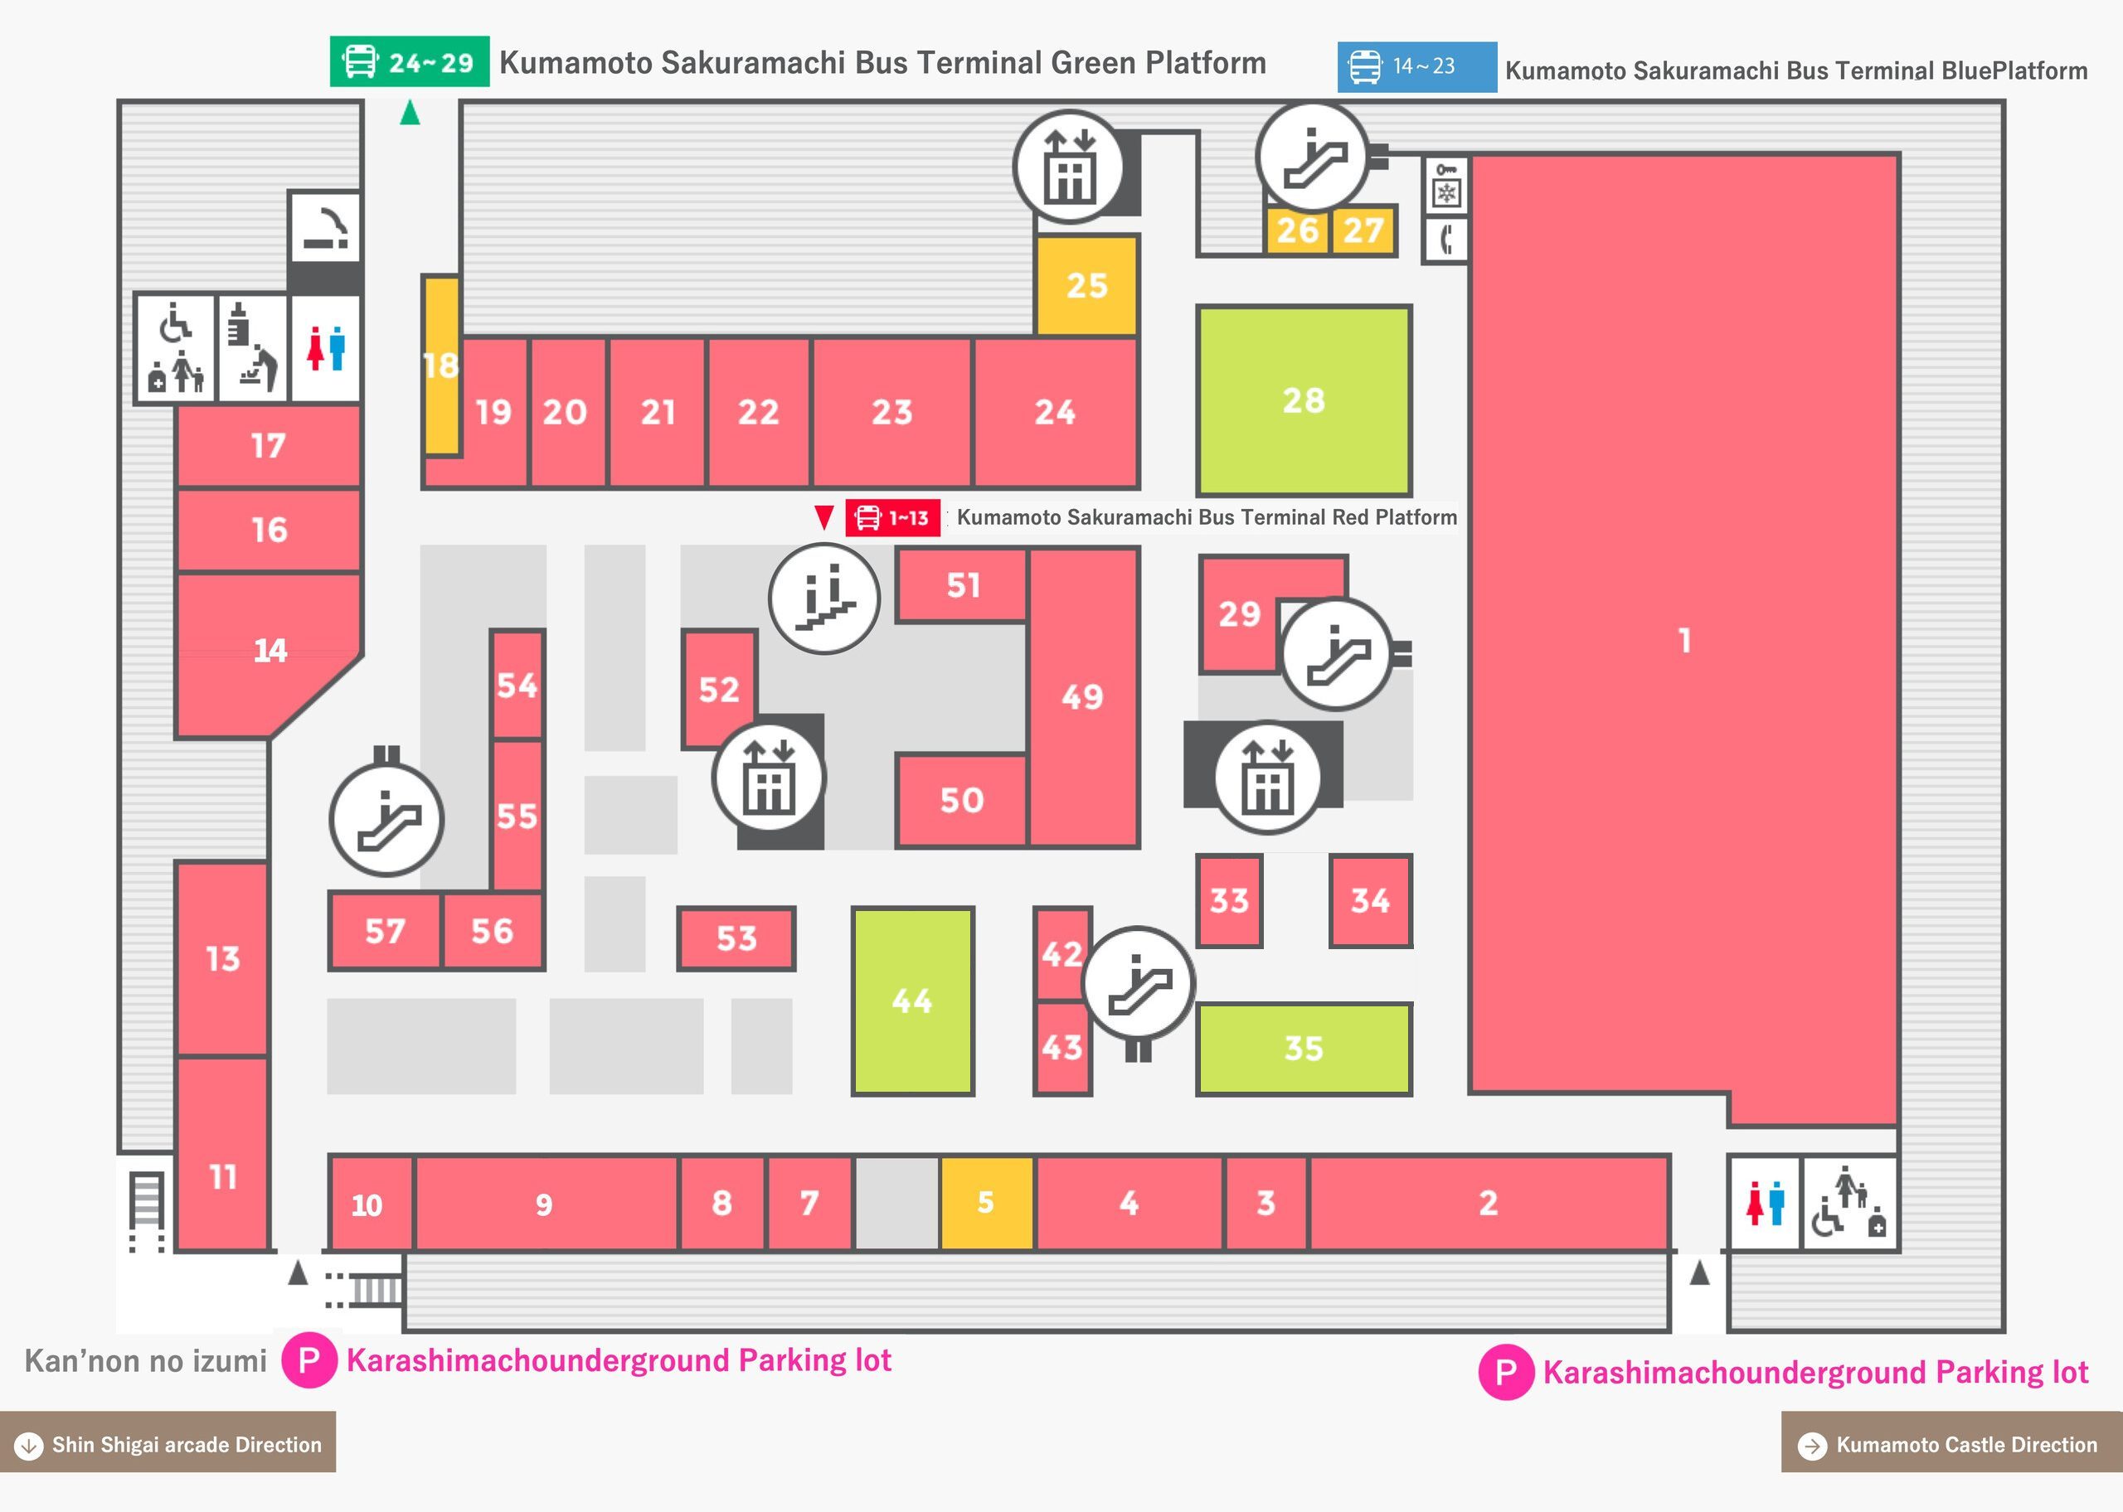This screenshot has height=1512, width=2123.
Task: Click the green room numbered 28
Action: tap(1304, 400)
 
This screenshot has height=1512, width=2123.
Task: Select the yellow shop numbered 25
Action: tap(1086, 285)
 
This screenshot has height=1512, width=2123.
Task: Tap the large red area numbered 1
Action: tap(1683, 641)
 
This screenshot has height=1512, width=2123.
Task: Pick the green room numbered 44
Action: tap(912, 1001)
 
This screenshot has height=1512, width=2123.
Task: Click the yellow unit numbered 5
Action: tap(986, 1203)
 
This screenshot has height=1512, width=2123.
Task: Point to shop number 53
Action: tap(736, 938)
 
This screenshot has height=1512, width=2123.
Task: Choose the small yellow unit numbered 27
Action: tap(1363, 230)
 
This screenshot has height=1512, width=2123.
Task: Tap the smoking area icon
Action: tap(324, 228)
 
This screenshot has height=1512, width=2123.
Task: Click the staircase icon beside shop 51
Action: tap(824, 598)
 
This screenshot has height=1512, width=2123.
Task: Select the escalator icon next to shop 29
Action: tap(1337, 653)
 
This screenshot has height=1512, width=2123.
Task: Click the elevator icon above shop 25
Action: tap(1069, 167)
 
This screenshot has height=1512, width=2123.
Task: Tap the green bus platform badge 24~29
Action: tap(410, 61)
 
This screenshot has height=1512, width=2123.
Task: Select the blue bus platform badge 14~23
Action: tap(1417, 67)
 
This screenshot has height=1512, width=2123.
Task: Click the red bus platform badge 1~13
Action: tap(893, 517)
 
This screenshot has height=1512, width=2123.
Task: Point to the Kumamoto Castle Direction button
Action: tap(1951, 1445)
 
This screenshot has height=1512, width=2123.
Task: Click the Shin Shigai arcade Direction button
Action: tap(168, 1445)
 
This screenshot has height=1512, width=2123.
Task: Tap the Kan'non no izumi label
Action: tap(145, 1361)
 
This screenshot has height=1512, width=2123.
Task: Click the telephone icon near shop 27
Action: tap(1446, 240)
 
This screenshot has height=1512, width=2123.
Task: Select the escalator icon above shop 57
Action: tap(386, 820)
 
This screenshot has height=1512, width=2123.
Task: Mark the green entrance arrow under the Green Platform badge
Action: tap(410, 113)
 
